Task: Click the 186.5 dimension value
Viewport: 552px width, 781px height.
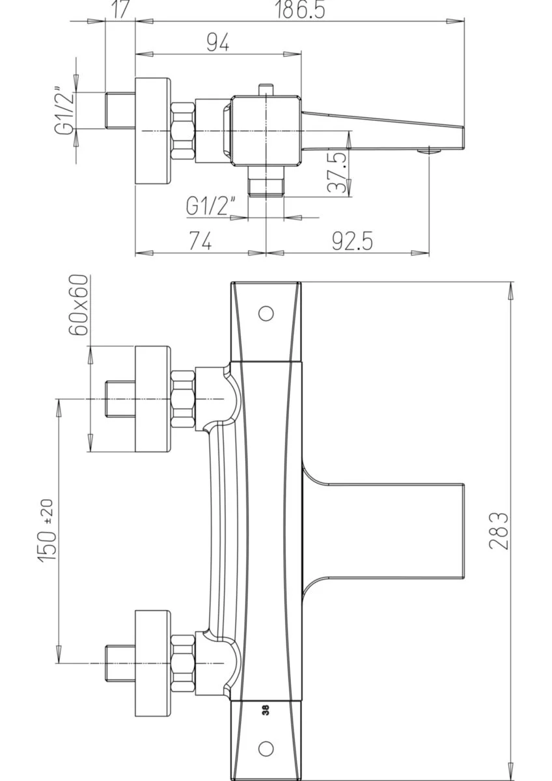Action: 300,9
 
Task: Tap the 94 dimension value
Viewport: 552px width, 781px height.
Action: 217,42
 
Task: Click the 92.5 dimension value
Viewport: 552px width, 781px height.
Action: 352,241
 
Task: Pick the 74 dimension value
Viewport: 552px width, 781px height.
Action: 200,241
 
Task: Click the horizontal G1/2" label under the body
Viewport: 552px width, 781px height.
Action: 210,206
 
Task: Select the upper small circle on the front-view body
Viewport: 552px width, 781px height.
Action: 266,313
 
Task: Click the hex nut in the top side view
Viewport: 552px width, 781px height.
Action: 183,131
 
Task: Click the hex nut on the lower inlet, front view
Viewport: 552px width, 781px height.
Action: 183,663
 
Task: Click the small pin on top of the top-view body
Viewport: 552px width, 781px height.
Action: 266,89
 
